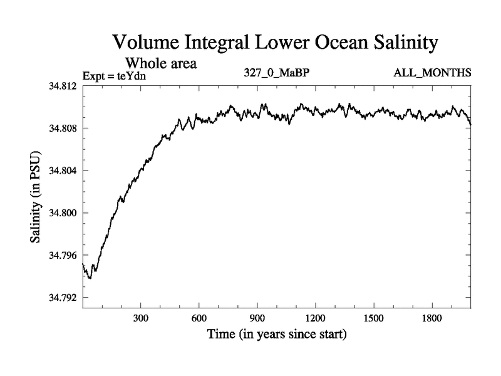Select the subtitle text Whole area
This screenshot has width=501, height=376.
pos(162,63)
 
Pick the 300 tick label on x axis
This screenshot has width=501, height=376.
pos(141,318)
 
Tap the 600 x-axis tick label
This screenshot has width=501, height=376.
pos(199,318)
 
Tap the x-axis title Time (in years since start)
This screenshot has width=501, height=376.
pos(277,335)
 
